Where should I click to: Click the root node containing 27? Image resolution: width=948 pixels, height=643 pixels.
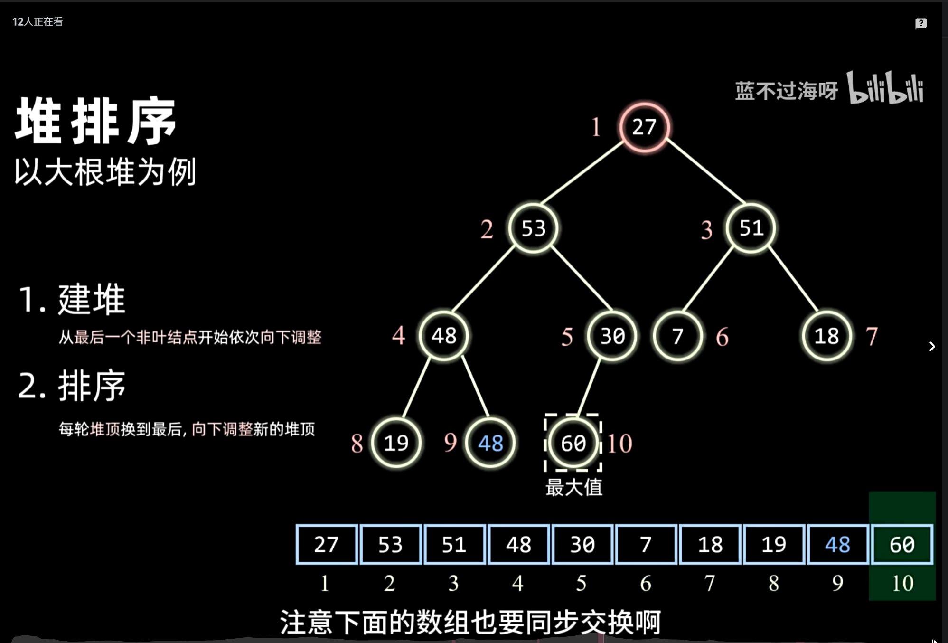pyautogui.click(x=644, y=127)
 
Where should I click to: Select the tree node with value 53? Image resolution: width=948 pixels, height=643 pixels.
pyautogui.click(x=533, y=228)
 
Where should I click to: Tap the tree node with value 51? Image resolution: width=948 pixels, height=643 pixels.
pyautogui.click(x=751, y=228)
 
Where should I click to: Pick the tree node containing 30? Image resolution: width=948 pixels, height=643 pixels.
pyautogui.click(x=612, y=336)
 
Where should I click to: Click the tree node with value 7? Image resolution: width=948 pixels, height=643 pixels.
pyautogui.click(x=677, y=336)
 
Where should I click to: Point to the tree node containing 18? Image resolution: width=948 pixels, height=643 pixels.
pyautogui.click(x=826, y=336)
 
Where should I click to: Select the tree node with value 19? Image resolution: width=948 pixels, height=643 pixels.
pyautogui.click(x=396, y=443)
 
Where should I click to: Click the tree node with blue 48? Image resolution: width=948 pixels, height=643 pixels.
pyautogui.click(x=490, y=443)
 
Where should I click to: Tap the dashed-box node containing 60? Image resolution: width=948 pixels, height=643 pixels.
pyautogui.click(x=573, y=443)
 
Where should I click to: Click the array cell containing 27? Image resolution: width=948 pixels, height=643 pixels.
pyautogui.click(x=326, y=544)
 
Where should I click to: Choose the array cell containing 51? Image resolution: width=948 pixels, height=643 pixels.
pyautogui.click(x=454, y=544)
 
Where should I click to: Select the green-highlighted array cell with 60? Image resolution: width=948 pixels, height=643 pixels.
pyautogui.click(x=902, y=544)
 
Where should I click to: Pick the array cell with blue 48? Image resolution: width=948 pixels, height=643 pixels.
pyautogui.click(x=837, y=544)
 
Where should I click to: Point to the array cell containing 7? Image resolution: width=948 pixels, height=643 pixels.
pyautogui.click(x=646, y=544)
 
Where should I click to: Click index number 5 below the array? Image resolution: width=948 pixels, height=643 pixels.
pyautogui.click(x=582, y=583)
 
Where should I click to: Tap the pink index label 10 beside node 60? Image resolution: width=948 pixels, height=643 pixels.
pyautogui.click(x=620, y=444)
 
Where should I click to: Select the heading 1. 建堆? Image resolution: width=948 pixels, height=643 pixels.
pyautogui.click(x=72, y=299)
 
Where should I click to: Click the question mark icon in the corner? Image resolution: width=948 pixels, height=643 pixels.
pyautogui.click(x=921, y=23)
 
